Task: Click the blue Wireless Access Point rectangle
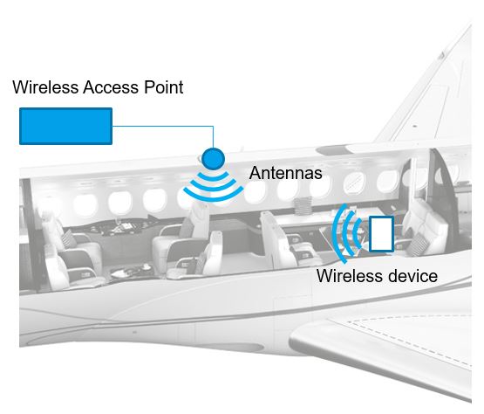pyautogui.click(x=65, y=126)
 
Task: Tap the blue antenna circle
pyautogui.click(x=212, y=158)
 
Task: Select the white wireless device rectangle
pyautogui.click(x=381, y=234)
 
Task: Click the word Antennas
pyautogui.click(x=285, y=174)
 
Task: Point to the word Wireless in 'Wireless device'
pyautogui.click(x=347, y=277)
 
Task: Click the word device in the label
pyautogui.click(x=409, y=277)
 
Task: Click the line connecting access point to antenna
pyautogui.click(x=166, y=127)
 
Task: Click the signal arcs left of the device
pyautogui.click(x=350, y=233)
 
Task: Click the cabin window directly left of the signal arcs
pyautogui.click(x=154, y=200)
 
